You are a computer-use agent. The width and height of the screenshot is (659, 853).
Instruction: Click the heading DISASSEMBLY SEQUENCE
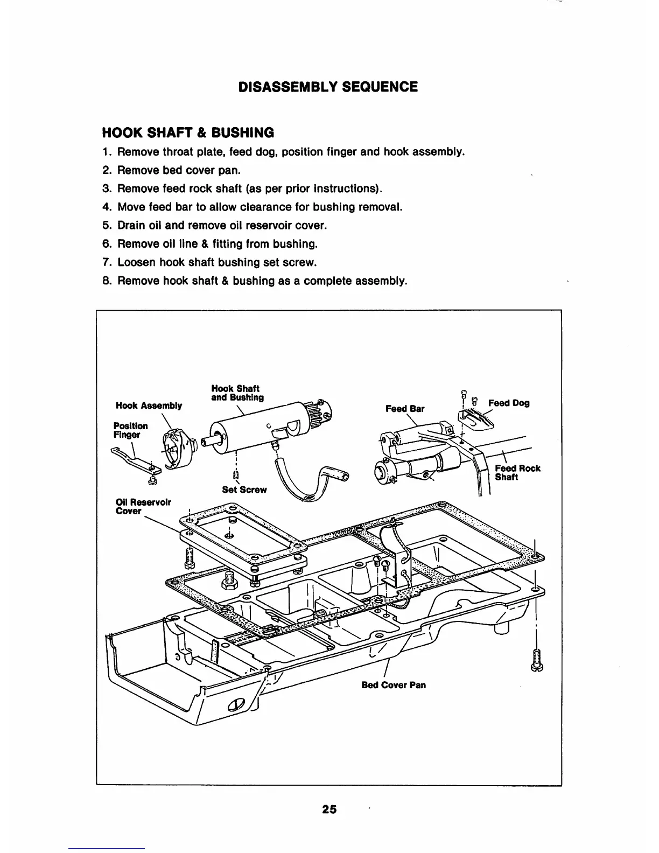328,87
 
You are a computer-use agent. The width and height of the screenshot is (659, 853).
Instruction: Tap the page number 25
329,809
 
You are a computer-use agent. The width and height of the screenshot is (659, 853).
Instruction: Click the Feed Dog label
508,403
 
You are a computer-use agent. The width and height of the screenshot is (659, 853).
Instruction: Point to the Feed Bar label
405,409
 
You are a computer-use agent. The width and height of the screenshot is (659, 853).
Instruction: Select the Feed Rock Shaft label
517,472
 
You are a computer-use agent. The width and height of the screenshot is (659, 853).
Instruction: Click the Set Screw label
244,490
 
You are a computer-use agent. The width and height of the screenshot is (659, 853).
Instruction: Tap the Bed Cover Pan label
394,685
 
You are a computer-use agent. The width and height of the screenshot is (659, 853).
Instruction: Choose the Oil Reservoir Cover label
143,506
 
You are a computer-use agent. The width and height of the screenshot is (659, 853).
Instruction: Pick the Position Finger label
130,430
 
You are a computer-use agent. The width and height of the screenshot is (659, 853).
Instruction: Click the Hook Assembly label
149,405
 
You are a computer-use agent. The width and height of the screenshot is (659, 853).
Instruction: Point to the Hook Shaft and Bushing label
237,393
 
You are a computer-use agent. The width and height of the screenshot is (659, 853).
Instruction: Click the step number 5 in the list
106,225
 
